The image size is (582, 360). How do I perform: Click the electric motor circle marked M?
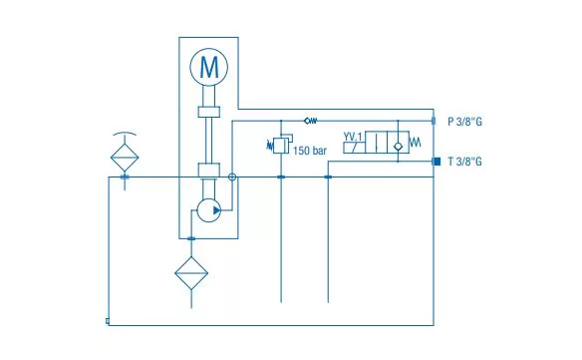[x=209, y=67]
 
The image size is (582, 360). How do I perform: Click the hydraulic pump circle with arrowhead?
[x=209, y=210]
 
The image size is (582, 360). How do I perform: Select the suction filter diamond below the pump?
[x=191, y=273]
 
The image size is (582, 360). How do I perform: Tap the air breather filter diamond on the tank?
[x=125, y=158]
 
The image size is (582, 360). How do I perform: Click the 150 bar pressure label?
[x=310, y=151]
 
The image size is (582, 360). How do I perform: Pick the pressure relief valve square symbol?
[x=281, y=146]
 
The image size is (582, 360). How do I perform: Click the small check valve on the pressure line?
[x=311, y=121]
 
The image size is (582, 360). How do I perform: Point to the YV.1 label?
[x=352, y=137]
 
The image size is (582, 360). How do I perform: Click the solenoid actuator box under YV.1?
[x=354, y=148]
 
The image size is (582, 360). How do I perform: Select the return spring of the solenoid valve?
[x=416, y=142]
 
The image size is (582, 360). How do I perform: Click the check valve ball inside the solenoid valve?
[x=398, y=146]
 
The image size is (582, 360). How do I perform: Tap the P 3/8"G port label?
[x=464, y=122]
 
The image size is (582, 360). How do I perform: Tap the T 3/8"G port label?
[x=464, y=162]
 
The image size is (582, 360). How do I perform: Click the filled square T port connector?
[x=436, y=162]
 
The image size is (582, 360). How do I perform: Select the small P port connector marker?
[x=434, y=121]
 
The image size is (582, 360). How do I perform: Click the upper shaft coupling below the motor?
[x=209, y=112]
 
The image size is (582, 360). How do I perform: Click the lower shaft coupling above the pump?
[x=209, y=171]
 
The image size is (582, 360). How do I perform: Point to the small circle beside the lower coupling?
[x=232, y=178]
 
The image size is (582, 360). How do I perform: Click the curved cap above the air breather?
[x=125, y=134]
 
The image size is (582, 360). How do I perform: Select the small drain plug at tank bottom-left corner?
[x=108, y=321]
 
